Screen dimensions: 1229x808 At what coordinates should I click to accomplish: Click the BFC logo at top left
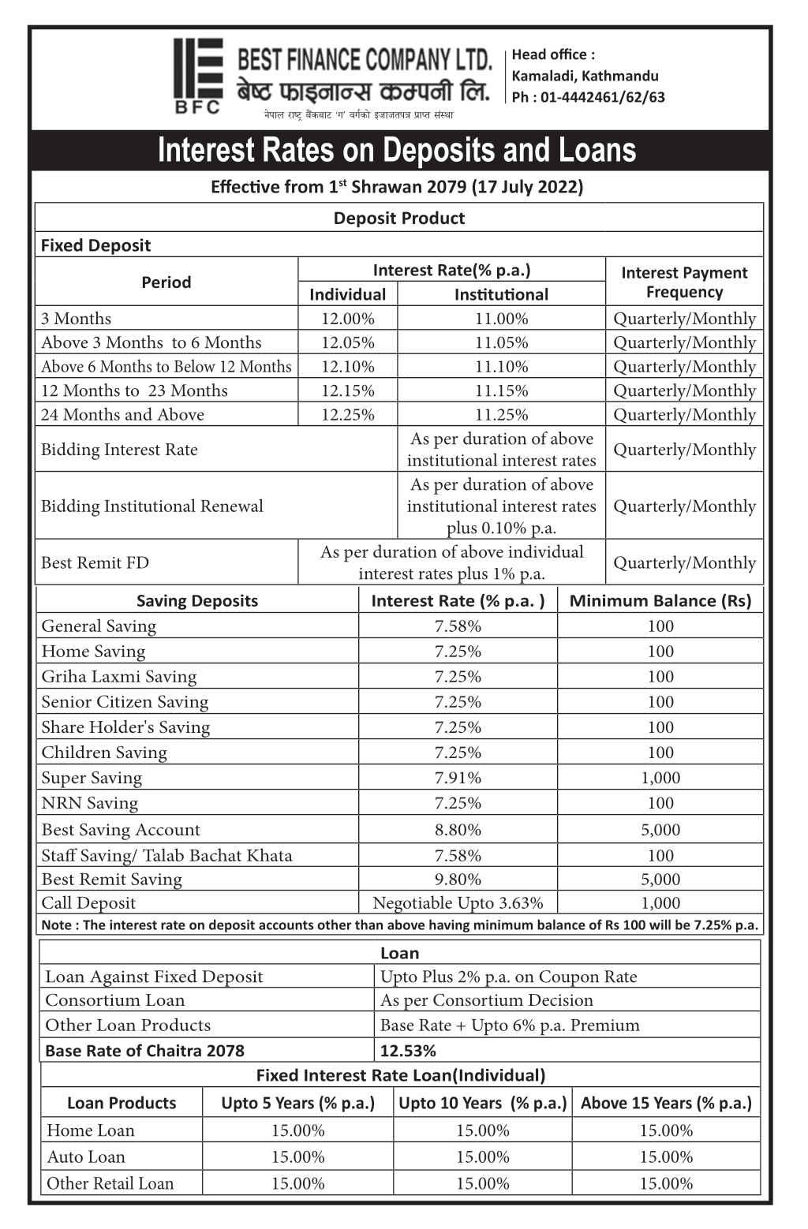pyautogui.click(x=198, y=76)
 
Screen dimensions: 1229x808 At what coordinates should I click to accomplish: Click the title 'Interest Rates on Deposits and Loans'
pyautogui.click(x=397, y=150)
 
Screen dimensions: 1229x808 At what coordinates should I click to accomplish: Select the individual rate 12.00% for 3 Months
pyautogui.click(x=347, y=319)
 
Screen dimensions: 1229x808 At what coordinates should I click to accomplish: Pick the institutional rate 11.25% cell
pyautogui.click(x=501, y=415)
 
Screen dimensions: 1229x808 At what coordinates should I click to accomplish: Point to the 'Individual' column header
pyautogui.click(x=347, y=294)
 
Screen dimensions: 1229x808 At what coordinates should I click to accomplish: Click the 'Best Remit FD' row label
pyautogui.click(x=95, y=562)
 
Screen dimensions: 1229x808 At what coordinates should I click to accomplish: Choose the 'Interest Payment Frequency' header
pyautogui.click(x=684, y=282)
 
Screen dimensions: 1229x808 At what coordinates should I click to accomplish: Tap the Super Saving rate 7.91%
pyautogui.click(x=458, y=778)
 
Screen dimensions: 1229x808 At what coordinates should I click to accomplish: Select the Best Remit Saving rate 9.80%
pyautogui.click(x=458, y=880)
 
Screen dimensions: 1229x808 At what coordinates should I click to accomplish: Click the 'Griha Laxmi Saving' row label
pyautogui.click(x=119, y=677)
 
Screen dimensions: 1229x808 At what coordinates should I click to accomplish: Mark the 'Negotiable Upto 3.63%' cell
pyautogui.click(x=458, y=903)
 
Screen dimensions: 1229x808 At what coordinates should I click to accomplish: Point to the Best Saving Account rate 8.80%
pyautogui.click(x=458, y=830)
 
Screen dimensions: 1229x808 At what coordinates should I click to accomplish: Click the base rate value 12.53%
pyautogui.click(x=408, y=1051)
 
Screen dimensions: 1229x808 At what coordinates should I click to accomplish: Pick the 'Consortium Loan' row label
pyautogui.click(x=115, y=1000)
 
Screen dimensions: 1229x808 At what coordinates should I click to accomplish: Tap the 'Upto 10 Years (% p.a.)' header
pyautogui.click(x=483, y=1103)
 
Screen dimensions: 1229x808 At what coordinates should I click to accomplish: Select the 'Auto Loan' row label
pyautogui.click(x=86, y=1156)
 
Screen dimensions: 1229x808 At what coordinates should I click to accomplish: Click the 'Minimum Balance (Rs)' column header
pyautogui.click(x=660, y=601)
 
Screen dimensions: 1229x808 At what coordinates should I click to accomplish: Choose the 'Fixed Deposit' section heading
pyautogui.click(x=95, y=245)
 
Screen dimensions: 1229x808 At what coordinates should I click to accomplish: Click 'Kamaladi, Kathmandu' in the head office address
pyautogui.click(x=585, y=76)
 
